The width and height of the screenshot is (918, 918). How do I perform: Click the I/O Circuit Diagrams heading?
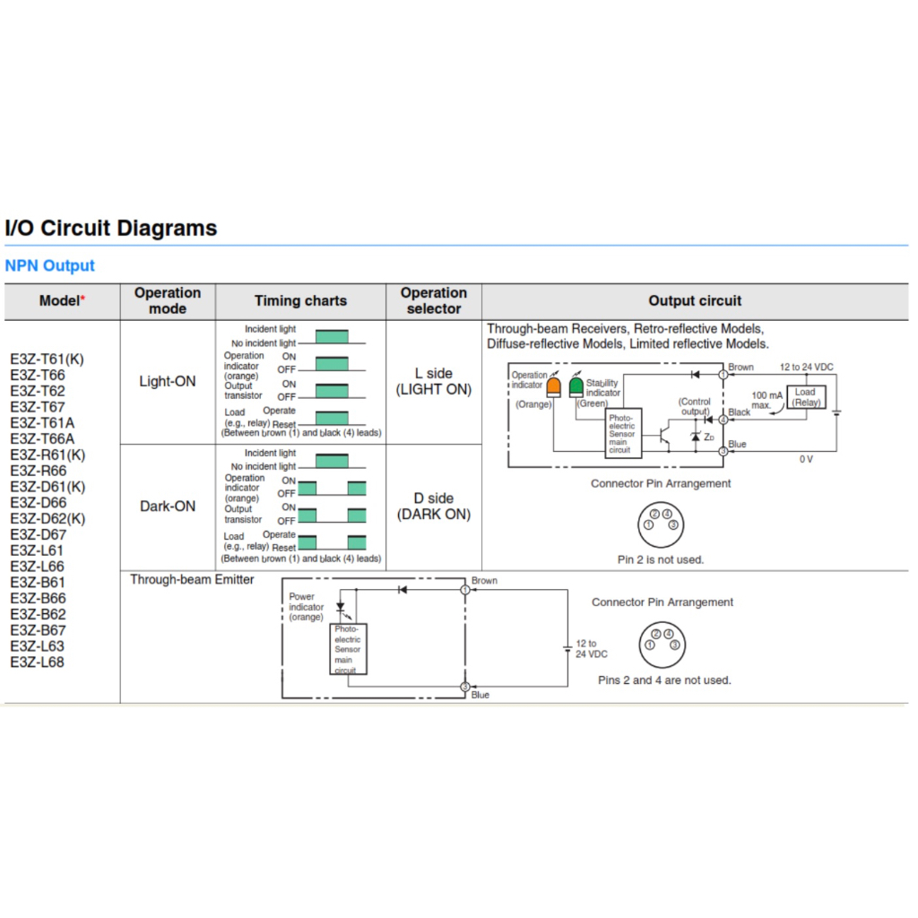click(x=111, y=228)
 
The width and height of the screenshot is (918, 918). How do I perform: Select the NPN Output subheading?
click(x=49, y=265)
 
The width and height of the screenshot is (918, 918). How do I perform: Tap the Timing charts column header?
click(x=300, y=301)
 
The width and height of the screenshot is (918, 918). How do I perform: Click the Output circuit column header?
click(x=695, y=301)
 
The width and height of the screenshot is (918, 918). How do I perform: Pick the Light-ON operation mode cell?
click(x=167, y=381)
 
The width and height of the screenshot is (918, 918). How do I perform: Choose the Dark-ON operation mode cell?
click(x=167, y=506)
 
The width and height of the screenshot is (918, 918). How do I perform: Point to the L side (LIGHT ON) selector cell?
click(x=434, y=381)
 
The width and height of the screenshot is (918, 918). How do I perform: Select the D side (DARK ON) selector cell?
click(x=434, y=506)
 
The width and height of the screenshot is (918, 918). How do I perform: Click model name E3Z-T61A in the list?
click(x=42, y=423)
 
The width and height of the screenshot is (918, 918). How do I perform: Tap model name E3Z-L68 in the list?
click(x=37, y=663)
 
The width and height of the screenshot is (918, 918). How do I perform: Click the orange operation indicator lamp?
click(x=554, y=385)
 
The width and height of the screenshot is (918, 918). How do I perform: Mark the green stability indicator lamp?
click(x=576, y=385)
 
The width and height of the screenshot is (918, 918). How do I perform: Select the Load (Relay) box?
click(x=805, y=397)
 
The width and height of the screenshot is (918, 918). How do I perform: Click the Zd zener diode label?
click(x=709, y=437)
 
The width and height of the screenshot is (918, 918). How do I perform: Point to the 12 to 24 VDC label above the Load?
click(x=806, y=368)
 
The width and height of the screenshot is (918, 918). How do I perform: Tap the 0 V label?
click(x=806, y=459)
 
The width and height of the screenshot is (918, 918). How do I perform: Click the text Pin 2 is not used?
click(x=661, y=559)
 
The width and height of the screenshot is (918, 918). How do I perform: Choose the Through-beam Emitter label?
click(x=192, y=579)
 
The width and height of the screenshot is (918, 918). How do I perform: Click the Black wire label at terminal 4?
click(x=740, y=412)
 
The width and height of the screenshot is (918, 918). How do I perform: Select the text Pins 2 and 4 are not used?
click(x=664, y=680)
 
